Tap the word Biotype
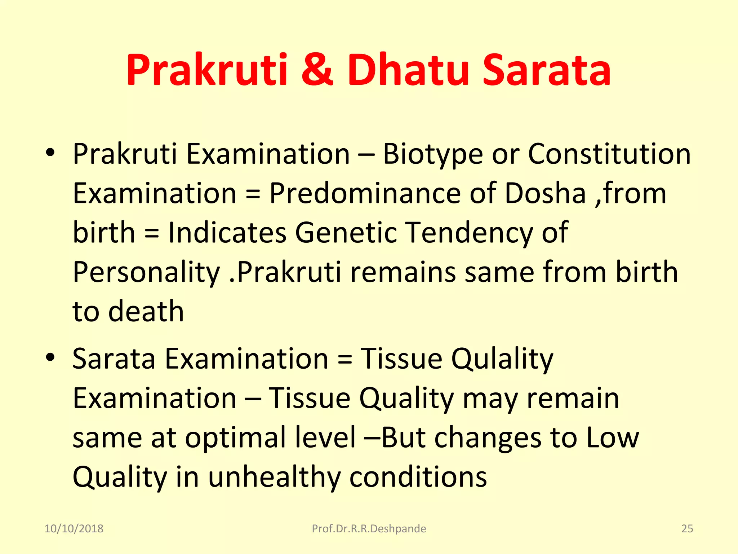[x=432, y=154]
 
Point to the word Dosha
[x=545, y=193]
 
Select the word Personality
[x=146, y=273]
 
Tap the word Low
[x=612, y=437]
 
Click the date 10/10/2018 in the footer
[x=74, y=529]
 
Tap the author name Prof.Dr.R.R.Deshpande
[x=369, y=529]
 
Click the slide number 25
[x=687, y=529]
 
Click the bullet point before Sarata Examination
[x=50, y=357]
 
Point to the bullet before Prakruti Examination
[x=50, y=153]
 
